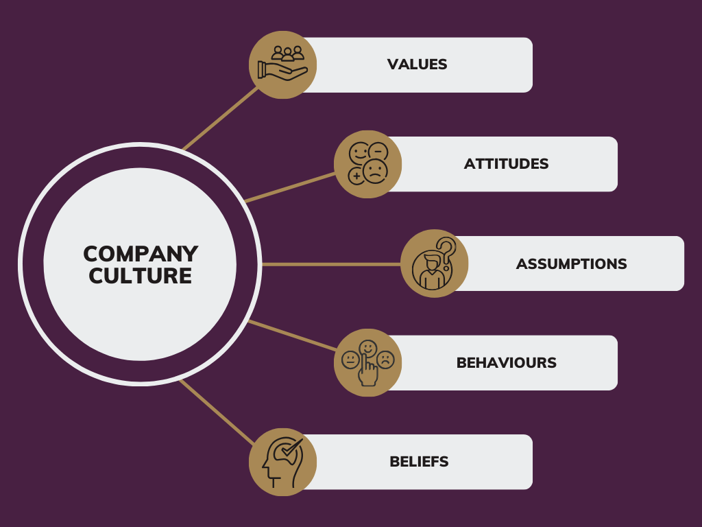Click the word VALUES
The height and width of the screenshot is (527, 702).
tap(417, 65)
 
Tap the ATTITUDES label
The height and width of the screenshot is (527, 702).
tap(506, 164)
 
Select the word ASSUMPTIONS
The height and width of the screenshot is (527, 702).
tap(571, 264)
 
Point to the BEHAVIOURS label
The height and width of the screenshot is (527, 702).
tap(507, 362)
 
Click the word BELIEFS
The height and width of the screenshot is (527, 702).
tap(419, 462)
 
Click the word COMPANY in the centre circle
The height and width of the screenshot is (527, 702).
tap(141, 254)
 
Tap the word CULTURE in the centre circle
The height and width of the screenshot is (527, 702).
tap(140, 276)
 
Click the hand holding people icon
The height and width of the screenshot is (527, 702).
tap(283, 65)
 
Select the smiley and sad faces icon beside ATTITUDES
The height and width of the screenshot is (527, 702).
tap(368, 164)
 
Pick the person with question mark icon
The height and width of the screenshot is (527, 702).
tap(434, 263)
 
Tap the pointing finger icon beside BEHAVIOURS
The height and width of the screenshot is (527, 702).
tap(368, 362)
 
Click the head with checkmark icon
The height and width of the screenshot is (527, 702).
tap(283, 462)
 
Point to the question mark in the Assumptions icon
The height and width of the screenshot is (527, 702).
tap(446, 253)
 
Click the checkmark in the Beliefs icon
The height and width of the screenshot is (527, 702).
tap(291, 447)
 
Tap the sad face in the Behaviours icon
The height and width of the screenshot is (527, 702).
tap(385, 360)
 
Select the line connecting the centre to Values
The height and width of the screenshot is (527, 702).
tap(221, 118)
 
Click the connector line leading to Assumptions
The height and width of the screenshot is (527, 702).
tap(331, 264)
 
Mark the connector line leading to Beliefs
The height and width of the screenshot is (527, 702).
tap(217, 412)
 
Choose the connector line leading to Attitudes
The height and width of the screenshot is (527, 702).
tap(290, 187)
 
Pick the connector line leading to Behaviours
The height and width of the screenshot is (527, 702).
tap(292, 335)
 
